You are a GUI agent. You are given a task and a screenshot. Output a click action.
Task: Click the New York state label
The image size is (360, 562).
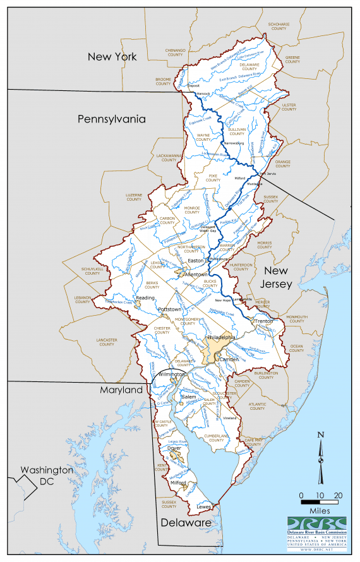coord(112,57)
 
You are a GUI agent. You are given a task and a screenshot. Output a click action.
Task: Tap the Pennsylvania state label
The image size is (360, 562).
coord(112,119)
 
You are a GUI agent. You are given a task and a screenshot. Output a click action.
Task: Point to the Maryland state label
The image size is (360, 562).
coord(121,390)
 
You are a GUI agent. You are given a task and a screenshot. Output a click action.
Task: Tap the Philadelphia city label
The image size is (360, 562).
coord(221,338)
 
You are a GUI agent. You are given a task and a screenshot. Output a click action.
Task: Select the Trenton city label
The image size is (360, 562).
coord(263,322)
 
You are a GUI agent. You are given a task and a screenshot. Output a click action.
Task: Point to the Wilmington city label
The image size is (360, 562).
coord(172,374)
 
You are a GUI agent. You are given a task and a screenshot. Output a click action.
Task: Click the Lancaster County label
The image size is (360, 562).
coord(106,341)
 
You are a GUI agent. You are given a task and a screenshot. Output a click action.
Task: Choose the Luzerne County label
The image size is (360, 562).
coord(134,196)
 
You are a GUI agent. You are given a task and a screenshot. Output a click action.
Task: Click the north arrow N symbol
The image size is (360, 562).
coord(321,434)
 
